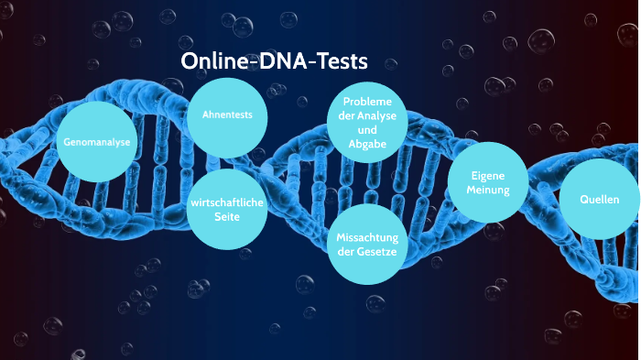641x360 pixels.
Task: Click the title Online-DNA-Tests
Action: [274, 61]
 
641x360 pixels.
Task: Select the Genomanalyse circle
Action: [95, 143]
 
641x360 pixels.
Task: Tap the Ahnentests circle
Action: [226, 115]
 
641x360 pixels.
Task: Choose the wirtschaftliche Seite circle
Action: [226, 208]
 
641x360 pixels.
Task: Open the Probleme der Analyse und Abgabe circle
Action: [366, 122]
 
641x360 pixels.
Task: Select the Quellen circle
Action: [600, 200]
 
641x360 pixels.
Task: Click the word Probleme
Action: [366, 101]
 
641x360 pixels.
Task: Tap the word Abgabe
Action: [366, 144]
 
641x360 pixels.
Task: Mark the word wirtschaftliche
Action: [226, 202]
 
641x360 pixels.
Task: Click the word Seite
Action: [226, 216]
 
